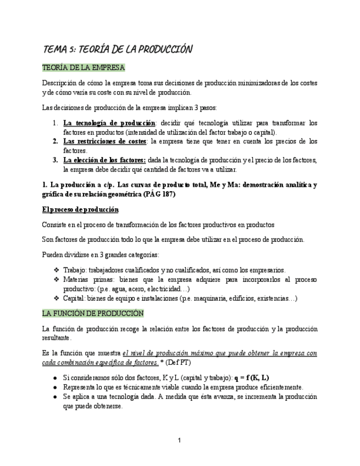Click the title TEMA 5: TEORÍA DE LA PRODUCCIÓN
coord(118,49)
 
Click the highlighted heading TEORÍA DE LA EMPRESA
coord(84,68)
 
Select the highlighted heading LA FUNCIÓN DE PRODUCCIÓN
coord(93,313)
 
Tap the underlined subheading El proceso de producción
coord(80,210)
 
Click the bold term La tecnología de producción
coord(109,123)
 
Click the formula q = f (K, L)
coord(251,378)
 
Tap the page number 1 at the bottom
coord(180,440)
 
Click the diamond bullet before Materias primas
coord(57,279)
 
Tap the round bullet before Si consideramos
coord(56,378)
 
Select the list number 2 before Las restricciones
coord(56,141)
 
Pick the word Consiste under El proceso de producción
coord(56,225)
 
